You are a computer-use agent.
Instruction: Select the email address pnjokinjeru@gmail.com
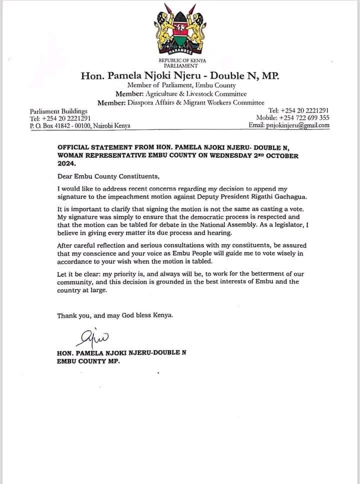[289, 125]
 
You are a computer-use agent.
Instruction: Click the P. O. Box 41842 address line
[80, 126]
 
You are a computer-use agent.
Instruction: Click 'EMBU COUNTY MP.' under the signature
[88, 361]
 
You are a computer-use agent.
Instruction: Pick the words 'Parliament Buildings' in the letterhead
[58, 111]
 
